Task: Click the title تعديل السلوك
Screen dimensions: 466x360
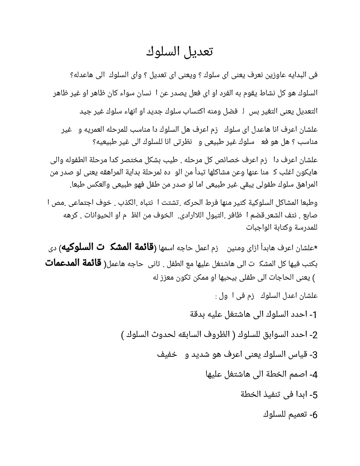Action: (180, 52)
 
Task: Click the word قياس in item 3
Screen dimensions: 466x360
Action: (298, 355)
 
